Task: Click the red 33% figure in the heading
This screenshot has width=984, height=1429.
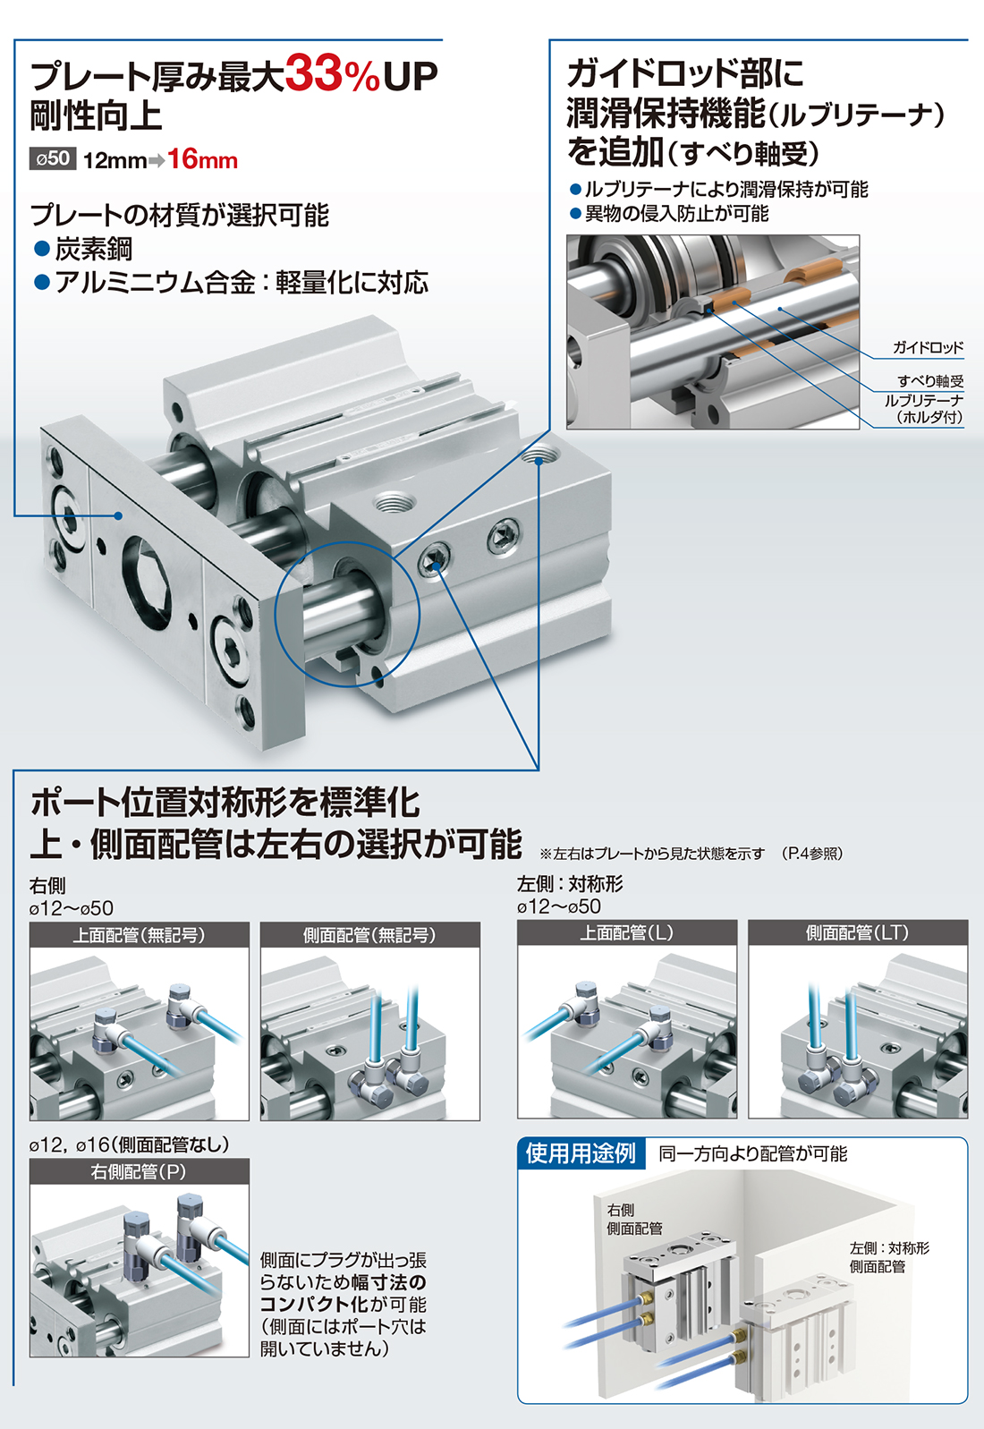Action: coord(332,74)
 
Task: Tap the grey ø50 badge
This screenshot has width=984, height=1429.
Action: coord(53,159)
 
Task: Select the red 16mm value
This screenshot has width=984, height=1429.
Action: coord(202,159)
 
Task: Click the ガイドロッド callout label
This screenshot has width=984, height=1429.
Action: coord(928,348)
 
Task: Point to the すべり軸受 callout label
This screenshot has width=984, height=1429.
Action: coord(930,381)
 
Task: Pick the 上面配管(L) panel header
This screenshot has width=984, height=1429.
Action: coord(627,932)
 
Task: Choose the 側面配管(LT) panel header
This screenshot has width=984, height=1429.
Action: coord(858,932)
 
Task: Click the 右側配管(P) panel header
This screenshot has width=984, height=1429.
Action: coord(139,1172)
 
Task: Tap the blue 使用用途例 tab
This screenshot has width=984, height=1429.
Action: coord(581,1153)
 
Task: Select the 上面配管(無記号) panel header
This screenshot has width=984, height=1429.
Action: coord(139,934)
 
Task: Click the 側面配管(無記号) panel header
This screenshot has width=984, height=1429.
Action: coord(369,934)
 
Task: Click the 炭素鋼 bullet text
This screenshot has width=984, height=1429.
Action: coord(93,249)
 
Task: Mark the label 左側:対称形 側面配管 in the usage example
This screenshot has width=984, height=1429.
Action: coord(889,1257)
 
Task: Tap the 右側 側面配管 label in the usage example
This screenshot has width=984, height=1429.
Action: coord(634,1219)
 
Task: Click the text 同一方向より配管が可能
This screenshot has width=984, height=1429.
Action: coord(752,1153)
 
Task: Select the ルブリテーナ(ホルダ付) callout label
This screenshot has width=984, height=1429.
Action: coord(924,409)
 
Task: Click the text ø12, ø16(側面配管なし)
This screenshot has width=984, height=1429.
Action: coord(130,1144)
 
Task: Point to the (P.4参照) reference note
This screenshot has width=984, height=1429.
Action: coord(812,854)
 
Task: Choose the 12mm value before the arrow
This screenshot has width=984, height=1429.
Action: coord(115,160)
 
